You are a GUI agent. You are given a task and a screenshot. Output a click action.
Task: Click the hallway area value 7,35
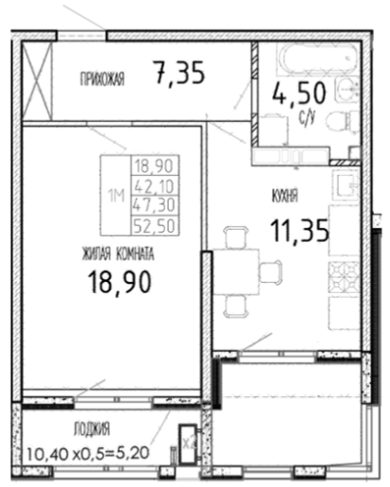179,73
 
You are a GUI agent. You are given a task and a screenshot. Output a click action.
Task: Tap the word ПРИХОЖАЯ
102,78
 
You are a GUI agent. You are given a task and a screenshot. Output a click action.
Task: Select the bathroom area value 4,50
299,93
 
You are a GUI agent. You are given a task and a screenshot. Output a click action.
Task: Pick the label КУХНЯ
284,197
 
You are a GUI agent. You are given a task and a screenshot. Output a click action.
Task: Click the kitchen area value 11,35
299,232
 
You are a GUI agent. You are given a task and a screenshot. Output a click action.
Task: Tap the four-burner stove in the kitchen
344,277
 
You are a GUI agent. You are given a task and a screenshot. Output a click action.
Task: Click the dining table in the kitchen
236,271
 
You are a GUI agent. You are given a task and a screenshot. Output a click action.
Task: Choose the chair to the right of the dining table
271,271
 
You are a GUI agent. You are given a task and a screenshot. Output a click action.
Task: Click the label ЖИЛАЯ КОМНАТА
118,253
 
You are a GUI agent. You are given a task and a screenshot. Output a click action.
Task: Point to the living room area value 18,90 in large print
120,283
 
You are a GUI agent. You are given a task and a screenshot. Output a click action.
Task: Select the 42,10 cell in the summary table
155,186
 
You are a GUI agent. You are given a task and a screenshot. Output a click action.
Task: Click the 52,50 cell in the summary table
155,226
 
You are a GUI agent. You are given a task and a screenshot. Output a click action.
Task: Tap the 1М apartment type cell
116,196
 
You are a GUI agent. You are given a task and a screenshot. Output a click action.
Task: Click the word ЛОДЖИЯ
92,429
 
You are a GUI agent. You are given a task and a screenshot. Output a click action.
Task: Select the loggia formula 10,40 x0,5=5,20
88,454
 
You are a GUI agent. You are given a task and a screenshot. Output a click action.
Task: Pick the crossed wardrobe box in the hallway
37,80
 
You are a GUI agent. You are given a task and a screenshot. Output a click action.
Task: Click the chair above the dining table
235,237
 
